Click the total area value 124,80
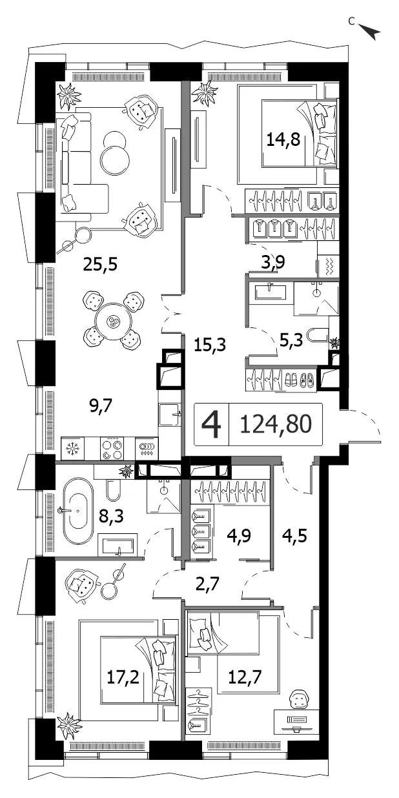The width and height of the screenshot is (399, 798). [x=276, y=424]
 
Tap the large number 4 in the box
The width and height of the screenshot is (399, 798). [x=212, y=424]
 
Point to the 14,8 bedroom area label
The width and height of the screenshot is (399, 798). [x=283, y=139]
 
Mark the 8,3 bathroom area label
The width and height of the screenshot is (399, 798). [x=111, y=515]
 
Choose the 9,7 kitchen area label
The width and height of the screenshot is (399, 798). [x=101, y=405]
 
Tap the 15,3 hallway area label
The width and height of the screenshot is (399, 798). [x=210, y=345]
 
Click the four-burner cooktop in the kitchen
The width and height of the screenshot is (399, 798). [x=111, y=448]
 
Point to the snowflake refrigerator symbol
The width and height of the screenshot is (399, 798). [x=72, y=448]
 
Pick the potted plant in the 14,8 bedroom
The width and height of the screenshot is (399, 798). [x=205, y=93]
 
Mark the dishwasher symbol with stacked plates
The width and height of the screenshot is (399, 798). [x=147, y=448]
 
